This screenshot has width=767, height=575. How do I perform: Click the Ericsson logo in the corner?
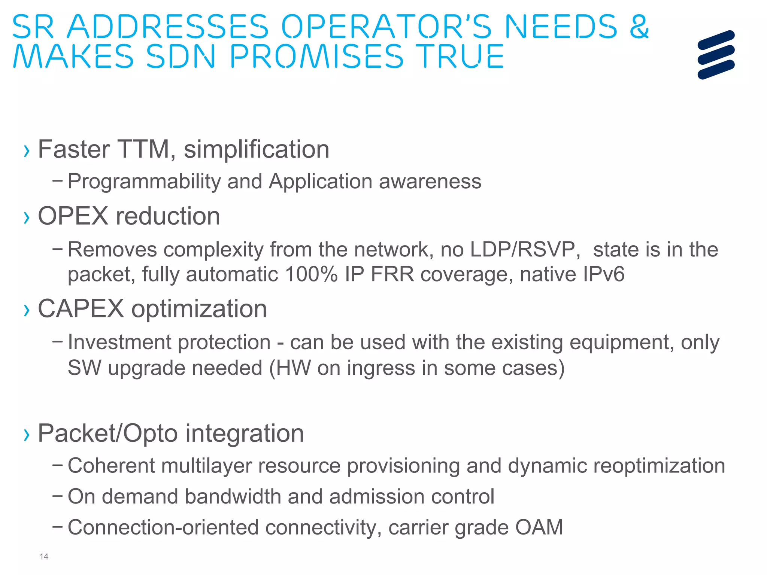(716, 55)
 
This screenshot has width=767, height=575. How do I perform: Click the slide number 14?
(44, 557)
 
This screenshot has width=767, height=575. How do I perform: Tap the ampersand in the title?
(639, 27)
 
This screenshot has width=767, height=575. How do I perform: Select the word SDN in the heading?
(181, 56)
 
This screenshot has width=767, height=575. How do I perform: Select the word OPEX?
(73, 216)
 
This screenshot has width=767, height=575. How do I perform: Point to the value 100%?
(311, 274)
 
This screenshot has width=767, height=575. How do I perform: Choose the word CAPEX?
(81, 309)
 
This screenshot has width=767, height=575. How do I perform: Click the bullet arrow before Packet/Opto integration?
(26, 435)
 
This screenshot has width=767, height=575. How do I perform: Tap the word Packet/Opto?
(108, 433)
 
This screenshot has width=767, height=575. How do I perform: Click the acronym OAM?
(539, 527)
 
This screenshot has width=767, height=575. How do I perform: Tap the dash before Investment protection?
(58, 341)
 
